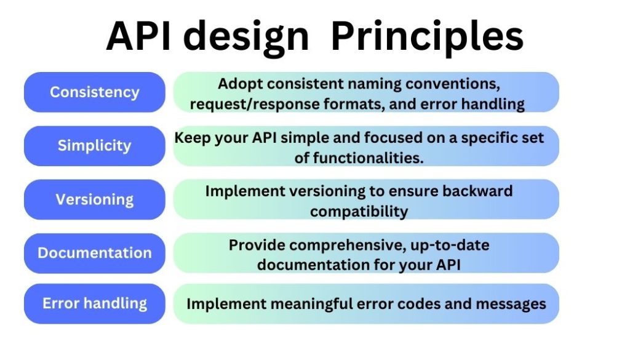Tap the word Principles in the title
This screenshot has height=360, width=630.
[x=427, y=36]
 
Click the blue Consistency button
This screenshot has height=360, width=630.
[x=95, y=92]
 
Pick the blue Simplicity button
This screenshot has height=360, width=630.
[x=95, y=146]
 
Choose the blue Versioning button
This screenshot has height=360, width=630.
[x=95, y=199]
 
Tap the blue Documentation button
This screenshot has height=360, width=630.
[x=95, y=253]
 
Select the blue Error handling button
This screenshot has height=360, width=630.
[x=95, y=303]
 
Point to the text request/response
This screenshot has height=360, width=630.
[x=255, y=104]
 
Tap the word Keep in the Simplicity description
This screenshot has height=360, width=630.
[x=192, y=137]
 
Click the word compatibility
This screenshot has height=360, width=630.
[x=359, y=211]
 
